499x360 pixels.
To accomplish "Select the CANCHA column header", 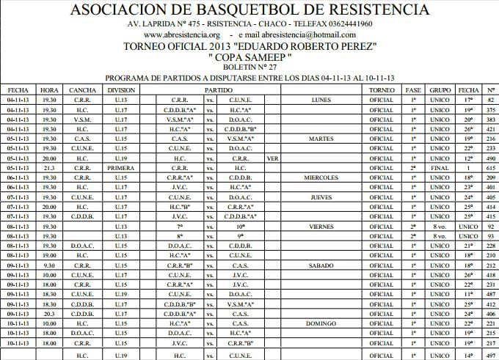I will tap(83, 89).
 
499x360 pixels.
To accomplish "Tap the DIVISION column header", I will tap(121, 89).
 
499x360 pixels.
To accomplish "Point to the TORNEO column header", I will tap(382, 89).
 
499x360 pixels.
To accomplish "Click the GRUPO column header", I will tap(440, 89).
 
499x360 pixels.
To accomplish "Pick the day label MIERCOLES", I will tap(321, 177).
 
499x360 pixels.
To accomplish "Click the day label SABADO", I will tap(321, 265).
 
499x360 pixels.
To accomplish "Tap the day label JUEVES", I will tap(321, 197).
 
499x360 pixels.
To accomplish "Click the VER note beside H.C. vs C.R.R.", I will tap(274, 158).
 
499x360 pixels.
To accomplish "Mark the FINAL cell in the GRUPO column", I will tap(440, 168).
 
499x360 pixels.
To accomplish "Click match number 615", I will tap(491, 168).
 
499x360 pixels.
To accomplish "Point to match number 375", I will tap(491, 109).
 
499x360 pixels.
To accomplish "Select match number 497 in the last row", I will tap(491, 356).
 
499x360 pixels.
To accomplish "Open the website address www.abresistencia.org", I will tap(182, 34).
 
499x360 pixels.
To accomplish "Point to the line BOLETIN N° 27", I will tap(249, 66).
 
